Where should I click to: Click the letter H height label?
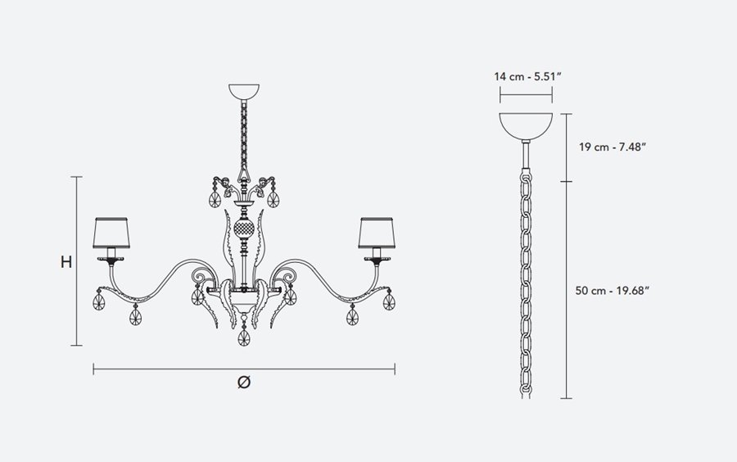pyautogui.click(x=66, y=262)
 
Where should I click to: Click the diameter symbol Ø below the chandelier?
pyautogui.click(x=244, y=382)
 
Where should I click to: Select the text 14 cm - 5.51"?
pyautogui.click(x=528, y=77)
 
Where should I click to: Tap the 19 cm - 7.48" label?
pyautogui.click(x=613, y=147)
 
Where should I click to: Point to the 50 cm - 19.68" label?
pyautogui.click(x=612, y=291)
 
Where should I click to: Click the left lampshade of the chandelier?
pyautogui.click(x=111, y=233)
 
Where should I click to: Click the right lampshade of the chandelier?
pyautogui.click(x=377, y=233)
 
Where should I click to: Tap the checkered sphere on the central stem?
pyautogui.click(x=244, y=229)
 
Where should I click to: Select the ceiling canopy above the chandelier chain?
pyautogui.click(x=244, y=91)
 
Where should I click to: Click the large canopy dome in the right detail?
pyautogui.click(x=526, y=126)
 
